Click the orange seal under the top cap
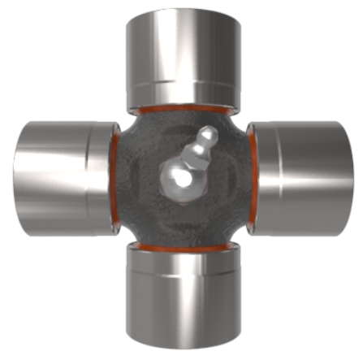182,107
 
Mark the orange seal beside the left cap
114,175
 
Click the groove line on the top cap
182,82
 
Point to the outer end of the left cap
18,174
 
